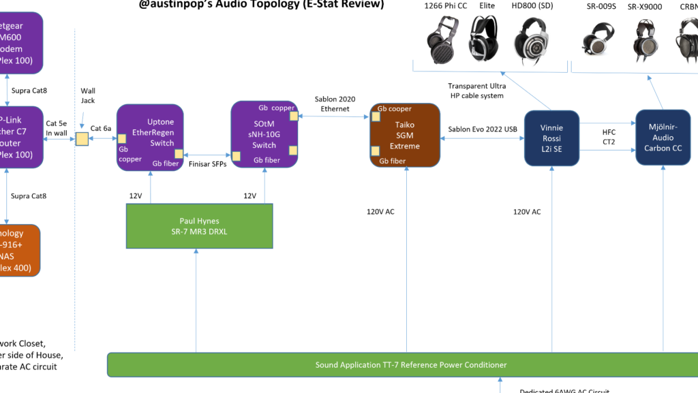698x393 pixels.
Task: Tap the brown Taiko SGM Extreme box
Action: [x=405, y=135]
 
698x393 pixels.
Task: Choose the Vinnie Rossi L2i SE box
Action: [x=551, y=138]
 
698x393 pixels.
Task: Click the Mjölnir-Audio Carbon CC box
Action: [x=663, y=138]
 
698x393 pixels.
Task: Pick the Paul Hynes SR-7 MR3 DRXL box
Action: [x=200, y=225]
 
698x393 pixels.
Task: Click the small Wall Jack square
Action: [x=81, y=138]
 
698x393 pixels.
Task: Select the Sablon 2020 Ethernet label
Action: [x=335, y=104]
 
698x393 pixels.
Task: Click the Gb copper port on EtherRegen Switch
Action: [x=123, y=138]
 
